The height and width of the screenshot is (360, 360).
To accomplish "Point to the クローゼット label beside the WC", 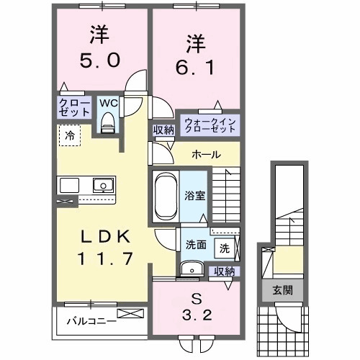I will coord(74,109).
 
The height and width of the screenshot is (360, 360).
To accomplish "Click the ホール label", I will coord(206,155).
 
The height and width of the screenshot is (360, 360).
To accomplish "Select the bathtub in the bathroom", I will coord(164,194).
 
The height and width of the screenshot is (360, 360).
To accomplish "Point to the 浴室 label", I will coord(195,194).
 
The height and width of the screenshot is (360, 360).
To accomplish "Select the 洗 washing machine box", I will coord(224,248).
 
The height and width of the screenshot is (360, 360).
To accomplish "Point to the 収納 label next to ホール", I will coord(162,130).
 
